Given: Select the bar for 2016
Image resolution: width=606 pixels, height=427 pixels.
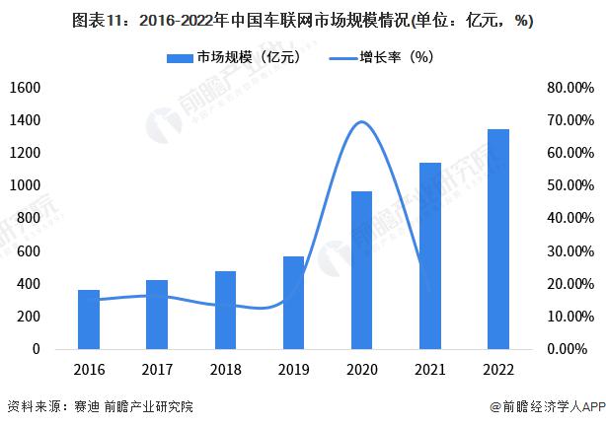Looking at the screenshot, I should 89,320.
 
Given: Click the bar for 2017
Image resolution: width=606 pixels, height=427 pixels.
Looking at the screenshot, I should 157,315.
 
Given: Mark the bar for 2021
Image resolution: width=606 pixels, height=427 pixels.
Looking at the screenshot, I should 430,255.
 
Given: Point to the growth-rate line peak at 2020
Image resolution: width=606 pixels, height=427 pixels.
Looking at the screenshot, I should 362,122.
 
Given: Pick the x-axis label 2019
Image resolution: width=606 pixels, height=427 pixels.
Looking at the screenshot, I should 294,371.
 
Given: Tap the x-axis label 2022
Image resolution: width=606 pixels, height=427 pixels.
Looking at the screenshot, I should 498,371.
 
